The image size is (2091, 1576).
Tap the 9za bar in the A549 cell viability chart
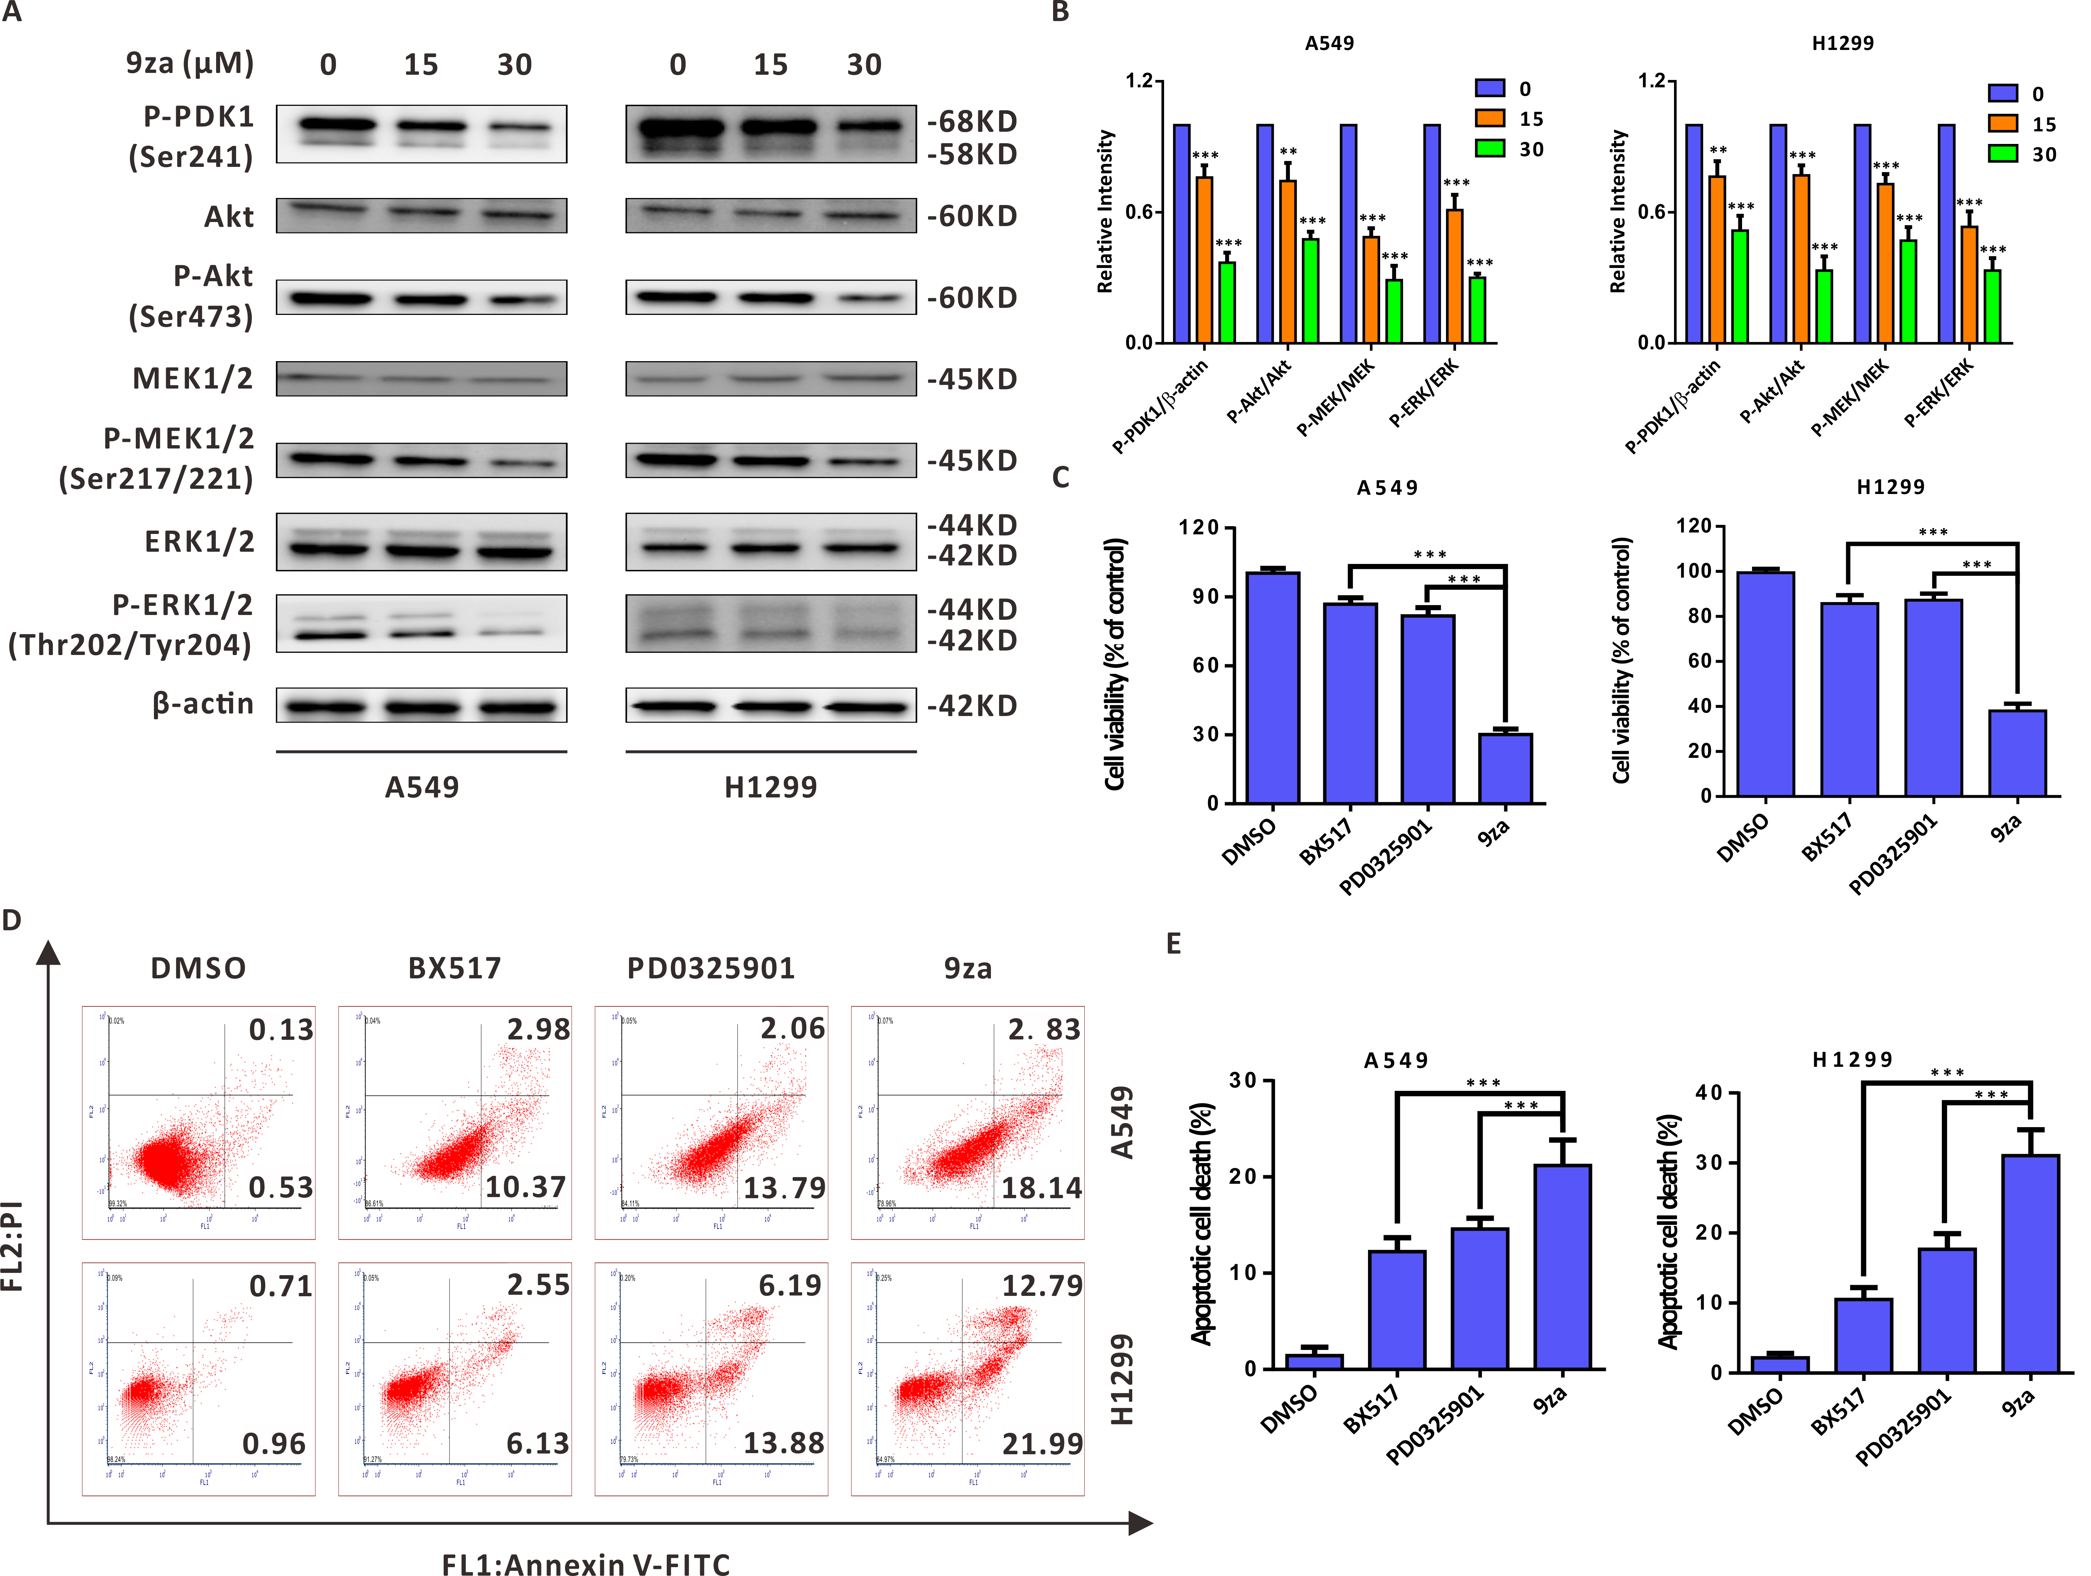click(1505, 768)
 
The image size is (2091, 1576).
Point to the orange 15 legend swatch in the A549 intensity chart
click(1490, 118)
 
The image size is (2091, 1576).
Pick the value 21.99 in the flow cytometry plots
click(1042, 1444)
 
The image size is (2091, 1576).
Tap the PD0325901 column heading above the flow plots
click(711, 968)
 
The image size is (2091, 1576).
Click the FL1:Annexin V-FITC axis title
click(586, 1565)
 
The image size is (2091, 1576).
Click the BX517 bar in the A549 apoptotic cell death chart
click(1396, 1310)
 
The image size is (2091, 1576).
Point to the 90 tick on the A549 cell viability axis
click(1205, 597)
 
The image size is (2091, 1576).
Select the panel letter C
click(1060, 477)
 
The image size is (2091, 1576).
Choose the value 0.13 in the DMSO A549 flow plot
click(281, 1029)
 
